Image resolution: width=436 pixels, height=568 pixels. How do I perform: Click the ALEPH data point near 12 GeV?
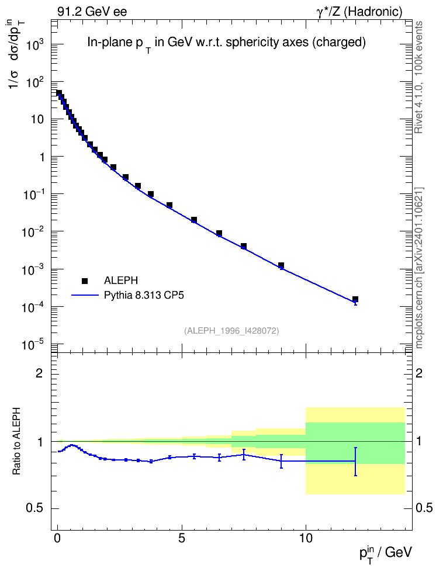click(x=355, y=299)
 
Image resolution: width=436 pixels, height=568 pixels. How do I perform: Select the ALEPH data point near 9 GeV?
click(x=281, y=265)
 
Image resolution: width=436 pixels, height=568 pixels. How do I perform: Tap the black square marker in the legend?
click(x=85, y=280)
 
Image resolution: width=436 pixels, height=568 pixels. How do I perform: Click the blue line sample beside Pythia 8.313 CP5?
click(x=85, y=295)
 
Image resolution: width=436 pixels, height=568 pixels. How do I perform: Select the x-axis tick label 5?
click(x=182, y=538)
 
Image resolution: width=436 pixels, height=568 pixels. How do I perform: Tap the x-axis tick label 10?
click(x=306, y=538)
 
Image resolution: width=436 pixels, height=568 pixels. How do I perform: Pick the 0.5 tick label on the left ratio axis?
click(x=35, y=508)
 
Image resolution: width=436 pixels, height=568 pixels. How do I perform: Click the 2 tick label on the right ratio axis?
click(x=419, y=373)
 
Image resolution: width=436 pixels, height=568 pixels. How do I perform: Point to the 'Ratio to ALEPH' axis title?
click(x=16, y=441)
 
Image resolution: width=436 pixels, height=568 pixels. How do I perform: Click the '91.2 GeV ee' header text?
click(x=92, y=12)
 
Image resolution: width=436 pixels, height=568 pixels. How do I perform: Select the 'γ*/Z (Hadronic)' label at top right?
click(x=359, y=12)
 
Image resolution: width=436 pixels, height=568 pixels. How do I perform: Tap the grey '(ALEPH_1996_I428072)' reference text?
click(x=231, y=331)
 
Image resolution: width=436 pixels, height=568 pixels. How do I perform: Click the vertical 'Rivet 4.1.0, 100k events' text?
click(x=419, y=77)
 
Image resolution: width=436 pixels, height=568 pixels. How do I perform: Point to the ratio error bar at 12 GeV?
click(x=355, y=462)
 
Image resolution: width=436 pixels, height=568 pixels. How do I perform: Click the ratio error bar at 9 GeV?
click(x=281, y=461)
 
